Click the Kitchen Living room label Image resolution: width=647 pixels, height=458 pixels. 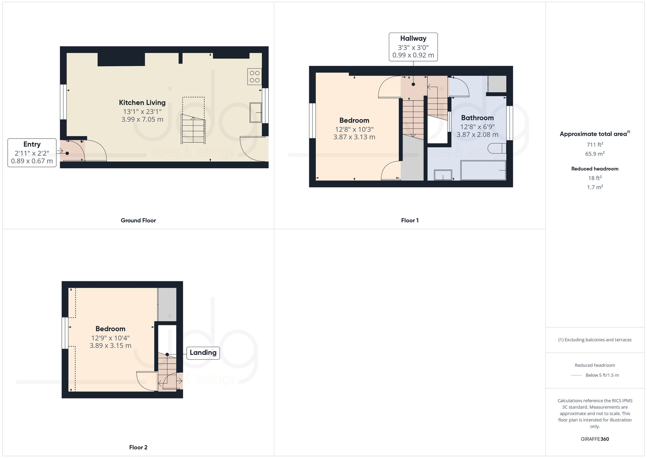142,103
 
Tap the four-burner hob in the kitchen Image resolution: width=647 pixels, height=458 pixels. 254,76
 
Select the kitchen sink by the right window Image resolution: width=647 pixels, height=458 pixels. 255,112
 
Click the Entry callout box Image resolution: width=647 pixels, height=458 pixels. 32,153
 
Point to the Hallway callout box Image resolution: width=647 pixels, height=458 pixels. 413,47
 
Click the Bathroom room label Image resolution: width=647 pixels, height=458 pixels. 477,118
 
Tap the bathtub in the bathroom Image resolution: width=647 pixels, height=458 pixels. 483,170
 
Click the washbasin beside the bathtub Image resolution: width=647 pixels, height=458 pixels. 443,175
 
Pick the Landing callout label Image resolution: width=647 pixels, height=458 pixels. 203,353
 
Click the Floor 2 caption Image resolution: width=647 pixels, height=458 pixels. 138,447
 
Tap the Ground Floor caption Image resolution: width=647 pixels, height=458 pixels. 138,220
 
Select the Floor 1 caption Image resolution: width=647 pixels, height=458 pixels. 410,220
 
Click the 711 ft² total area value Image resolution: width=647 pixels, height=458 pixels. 595,145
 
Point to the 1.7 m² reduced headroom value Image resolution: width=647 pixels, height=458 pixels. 595,187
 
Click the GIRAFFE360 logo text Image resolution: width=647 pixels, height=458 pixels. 595,439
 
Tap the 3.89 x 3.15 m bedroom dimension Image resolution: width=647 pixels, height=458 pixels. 110,346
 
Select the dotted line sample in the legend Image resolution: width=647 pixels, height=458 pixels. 576,375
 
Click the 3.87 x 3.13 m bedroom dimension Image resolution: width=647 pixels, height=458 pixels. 354,137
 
